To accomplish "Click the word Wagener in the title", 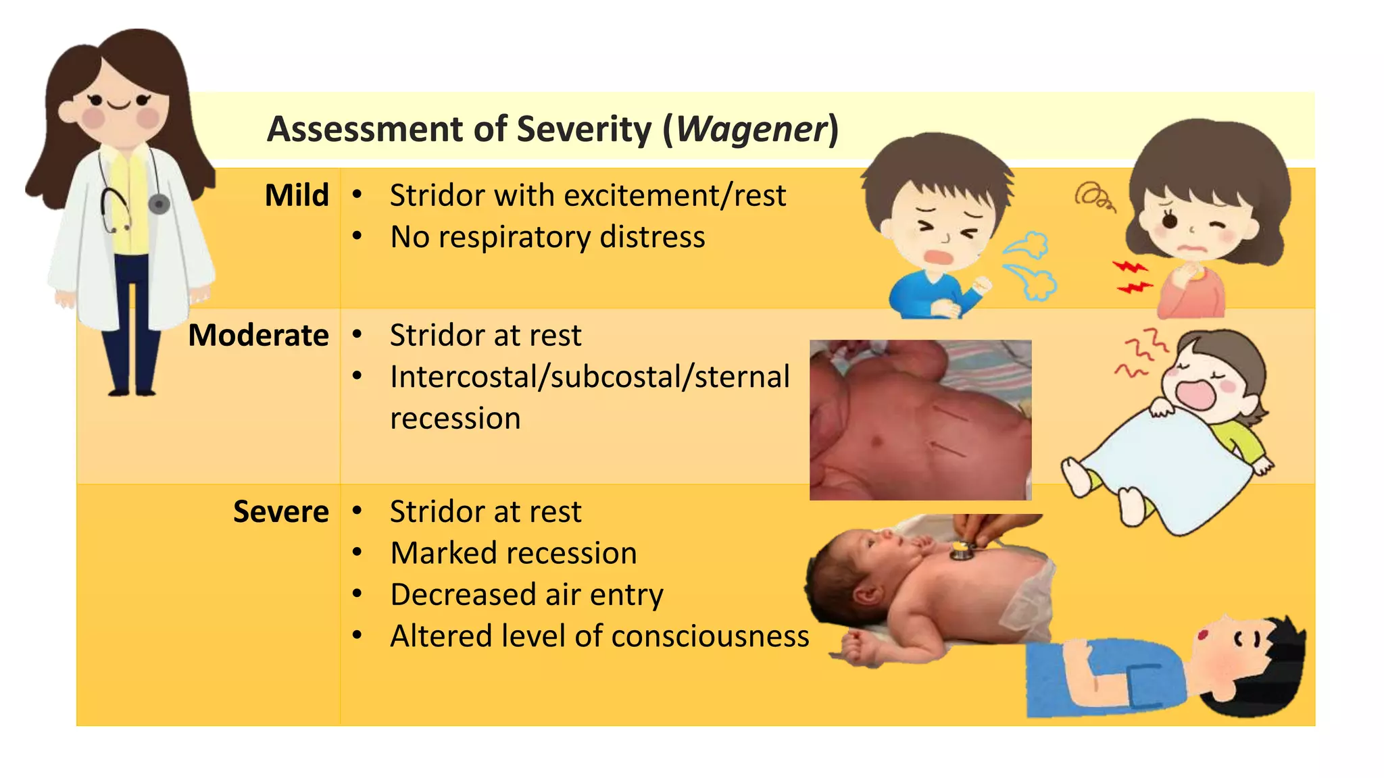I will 751,129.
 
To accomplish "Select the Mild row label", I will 297,195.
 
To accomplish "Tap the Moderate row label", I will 258,335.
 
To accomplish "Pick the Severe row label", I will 280,511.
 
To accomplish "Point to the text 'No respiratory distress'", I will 547,237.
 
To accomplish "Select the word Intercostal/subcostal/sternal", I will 589,377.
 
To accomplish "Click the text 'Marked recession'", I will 514,553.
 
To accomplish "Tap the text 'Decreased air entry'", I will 526,595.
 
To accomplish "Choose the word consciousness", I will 710,636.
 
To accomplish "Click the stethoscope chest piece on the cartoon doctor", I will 159,203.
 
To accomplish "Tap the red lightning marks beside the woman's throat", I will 1131,277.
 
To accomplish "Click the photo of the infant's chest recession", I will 920,420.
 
